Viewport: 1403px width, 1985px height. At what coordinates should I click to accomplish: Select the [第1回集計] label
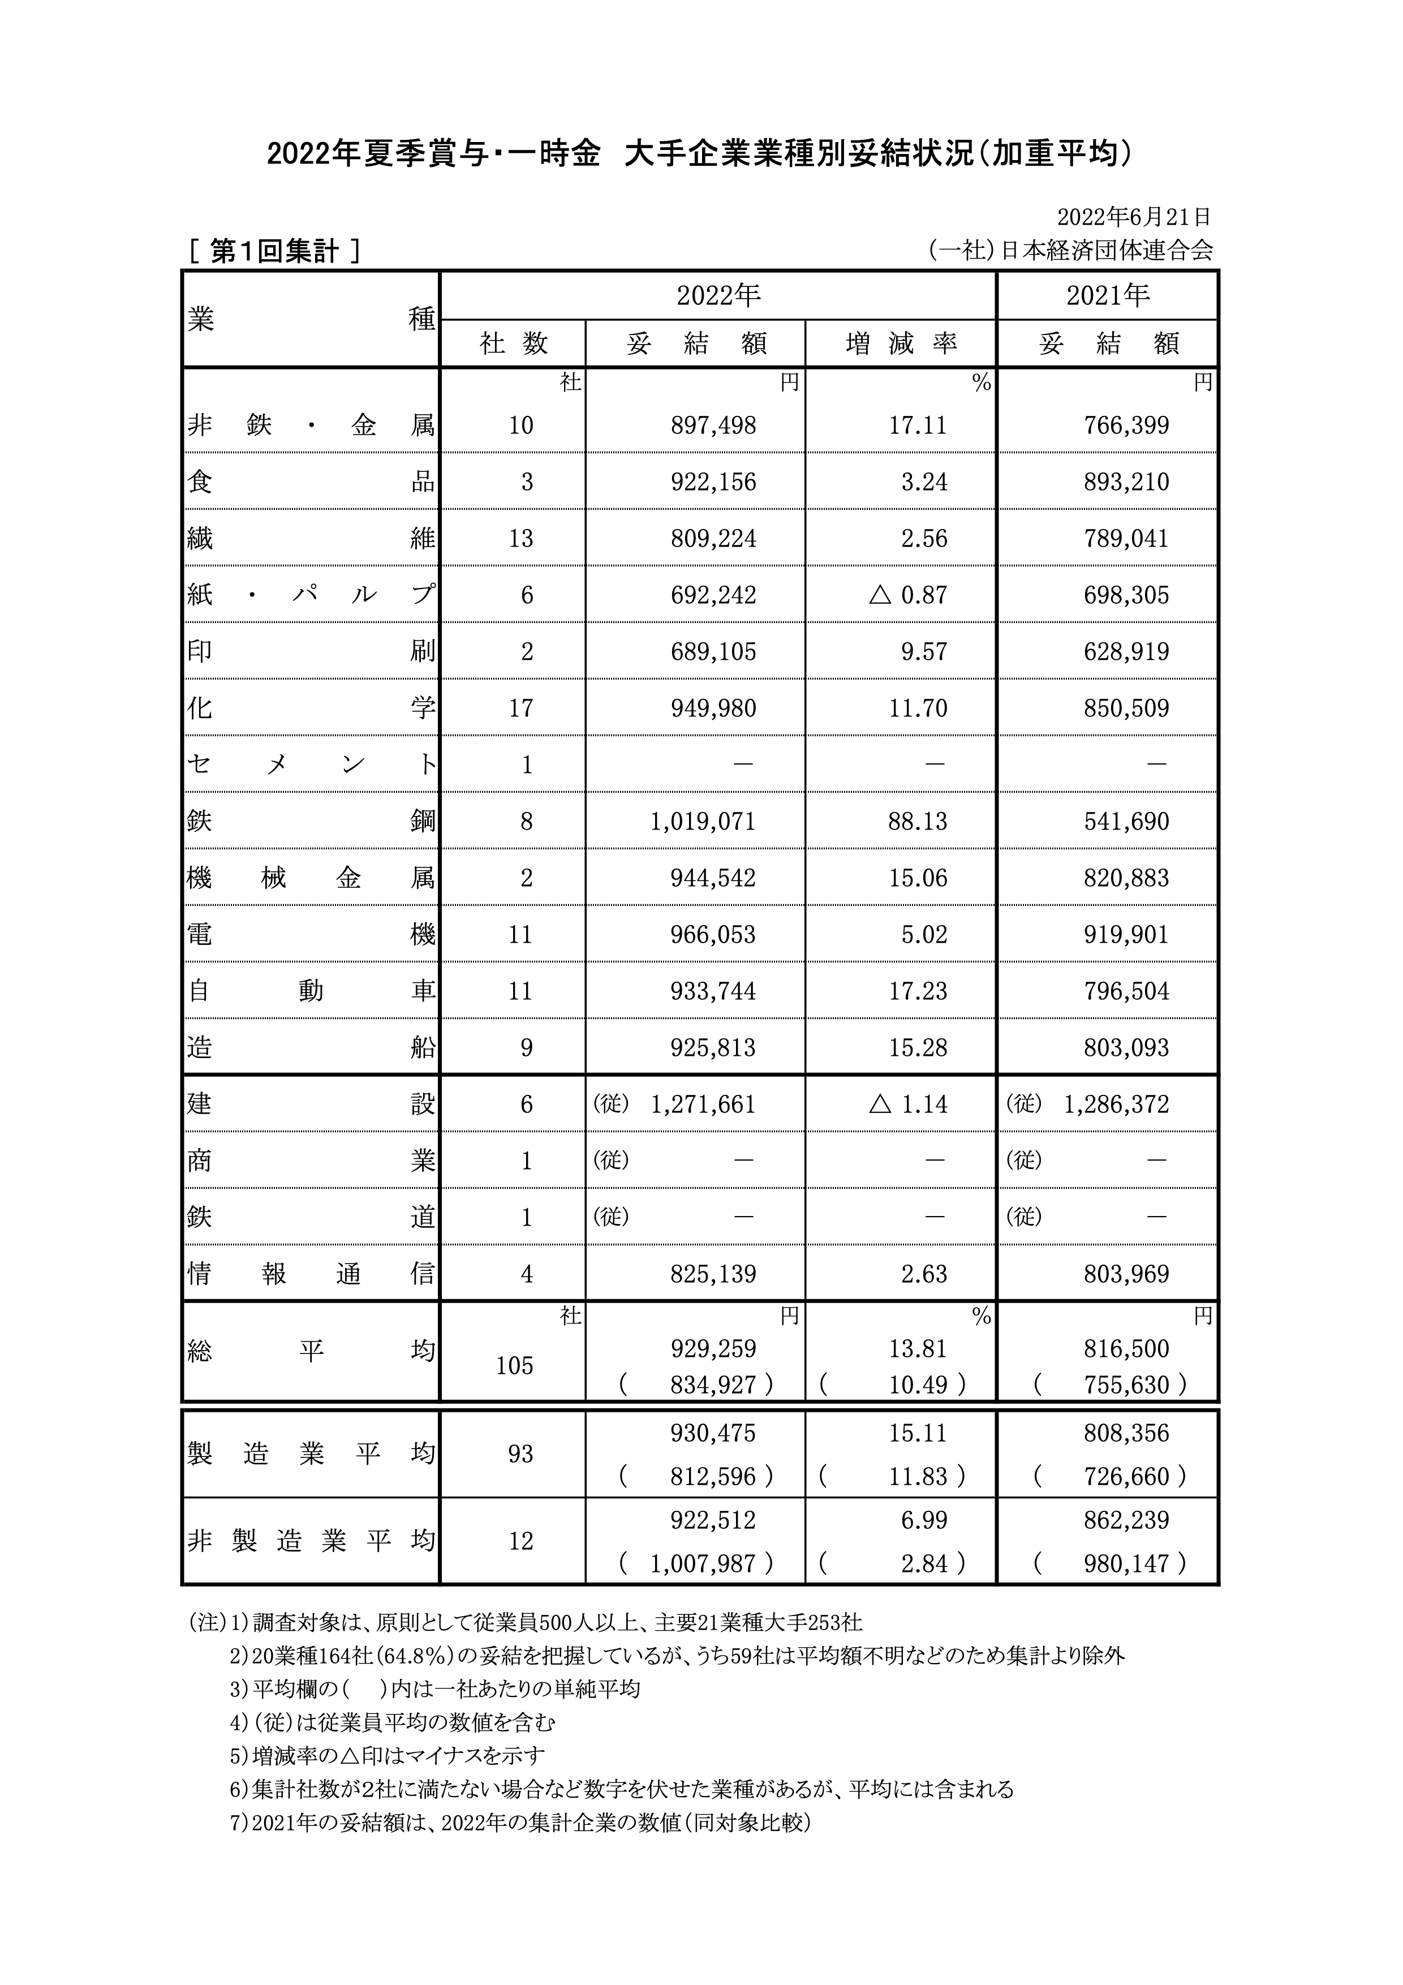tap(274, 252)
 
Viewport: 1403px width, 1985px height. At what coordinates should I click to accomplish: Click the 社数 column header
tap(514, 344)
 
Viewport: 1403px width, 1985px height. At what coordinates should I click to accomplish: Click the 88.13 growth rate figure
tap(918, 821)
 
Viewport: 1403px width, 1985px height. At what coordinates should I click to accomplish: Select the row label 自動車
tap(311, 991)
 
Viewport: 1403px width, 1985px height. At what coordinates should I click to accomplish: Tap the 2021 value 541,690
tap(1126, 821)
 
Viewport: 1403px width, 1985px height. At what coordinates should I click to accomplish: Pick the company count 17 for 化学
tap(520, 708)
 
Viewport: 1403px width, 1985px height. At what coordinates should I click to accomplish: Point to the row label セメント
tap(311, 765)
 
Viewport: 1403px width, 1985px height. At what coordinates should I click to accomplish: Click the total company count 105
tap(514, 1366)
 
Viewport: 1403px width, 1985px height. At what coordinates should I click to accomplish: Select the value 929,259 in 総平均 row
tap(713, 1348)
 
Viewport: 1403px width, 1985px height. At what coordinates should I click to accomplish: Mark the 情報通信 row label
tap(311, 1274)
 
